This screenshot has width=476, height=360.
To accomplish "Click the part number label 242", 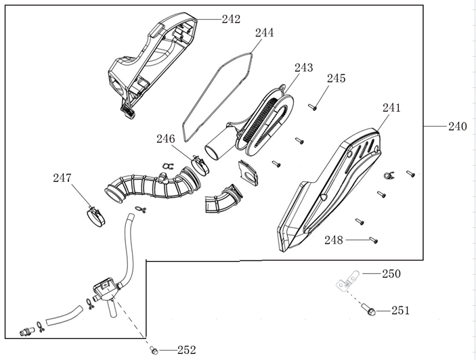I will click(x=231, y=19).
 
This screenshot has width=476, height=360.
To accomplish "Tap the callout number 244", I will click(x=264, y=32).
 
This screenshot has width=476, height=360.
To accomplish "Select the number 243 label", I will click(x=304, y=68).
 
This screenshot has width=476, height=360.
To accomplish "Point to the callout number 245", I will click(x=336, y=78).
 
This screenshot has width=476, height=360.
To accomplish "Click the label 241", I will click(x=391, y=108).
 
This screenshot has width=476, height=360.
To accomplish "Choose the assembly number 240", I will click(x=458, y=127).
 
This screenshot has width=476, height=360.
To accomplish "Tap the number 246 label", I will click(x=166, y=139).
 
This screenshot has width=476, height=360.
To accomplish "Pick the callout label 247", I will click(x=63, y=178).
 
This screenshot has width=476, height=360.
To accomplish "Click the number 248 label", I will click(x=334, y=240).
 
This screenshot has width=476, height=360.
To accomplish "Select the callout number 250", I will click(x=391, y=274).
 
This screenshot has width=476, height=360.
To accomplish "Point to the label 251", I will click(x=400, y=311).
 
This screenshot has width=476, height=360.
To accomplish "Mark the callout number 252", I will click(x=186, y=350).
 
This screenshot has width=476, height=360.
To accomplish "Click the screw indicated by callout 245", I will click(x=313, y=106).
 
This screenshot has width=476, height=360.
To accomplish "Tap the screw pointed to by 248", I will click(x=373, y=240).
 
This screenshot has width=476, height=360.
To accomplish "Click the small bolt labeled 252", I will click(x=154, y=350).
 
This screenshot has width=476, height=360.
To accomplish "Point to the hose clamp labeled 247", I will click(x=97, y=215).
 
